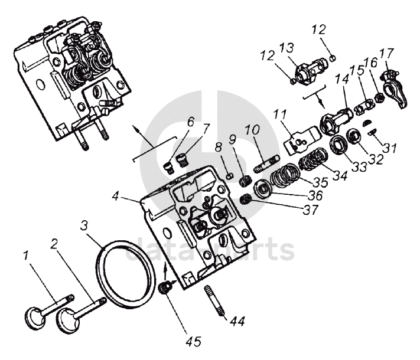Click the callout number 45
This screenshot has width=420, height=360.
pyautogui.click(x=194, y=341)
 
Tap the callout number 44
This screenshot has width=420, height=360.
pyautogui.click(x=237, y=320)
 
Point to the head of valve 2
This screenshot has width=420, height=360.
pyautogui.click(x=66, y=320)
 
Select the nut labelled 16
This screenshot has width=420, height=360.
pyautogui.click(x=378, y=98)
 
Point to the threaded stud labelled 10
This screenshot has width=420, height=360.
pyautogui.click(x=267, y=163)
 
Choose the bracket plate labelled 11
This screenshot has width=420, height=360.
pyautogui.click(x=301, y=139)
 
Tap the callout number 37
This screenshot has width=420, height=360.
pyautogui.click(x=311, y=210)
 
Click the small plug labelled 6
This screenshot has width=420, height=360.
pyautogui.click(x=168, y=168)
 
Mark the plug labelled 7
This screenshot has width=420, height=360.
pyautogui.click(x=183, y=159)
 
